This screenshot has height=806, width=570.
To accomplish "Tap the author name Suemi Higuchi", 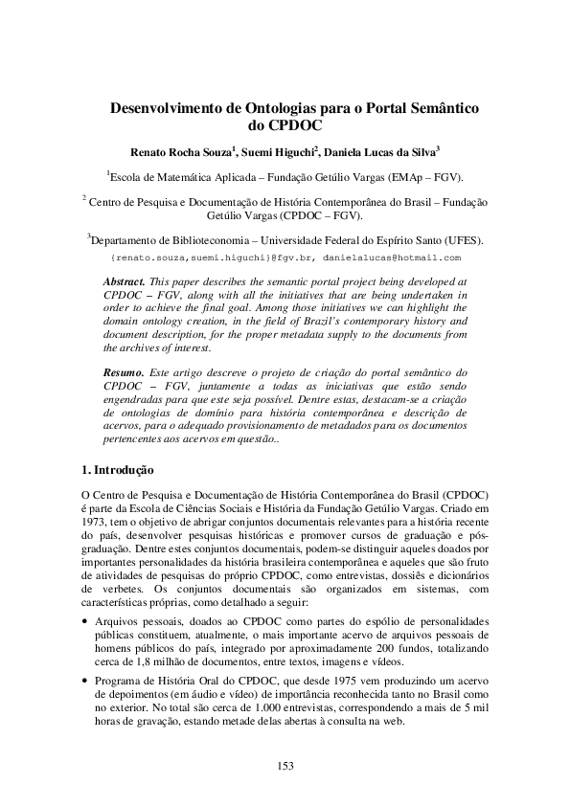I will (277, 151).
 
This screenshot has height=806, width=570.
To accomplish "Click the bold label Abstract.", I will (124, 283).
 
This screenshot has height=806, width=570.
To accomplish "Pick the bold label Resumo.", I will (124, 370).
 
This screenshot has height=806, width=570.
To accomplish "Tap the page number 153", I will (285, 765).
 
